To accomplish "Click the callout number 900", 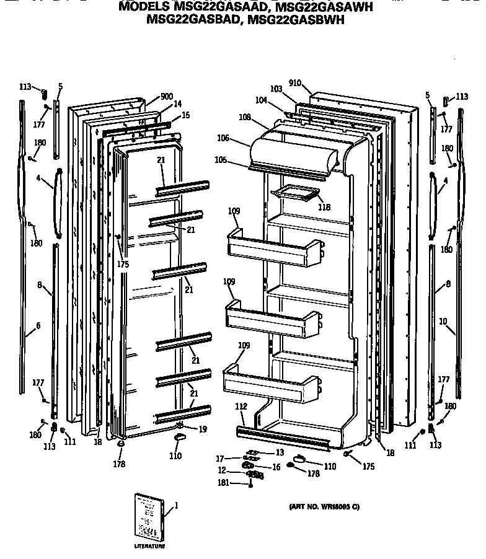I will (166, 96).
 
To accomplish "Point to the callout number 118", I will (324, 208).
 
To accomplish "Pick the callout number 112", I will (241, 407).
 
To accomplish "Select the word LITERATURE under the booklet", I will (149, 547).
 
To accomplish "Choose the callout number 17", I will (221, 459).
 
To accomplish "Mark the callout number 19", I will (203, 429).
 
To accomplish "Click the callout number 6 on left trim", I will (38, 325).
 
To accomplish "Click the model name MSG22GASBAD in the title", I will (193, 20).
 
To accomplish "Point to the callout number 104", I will (261, 100).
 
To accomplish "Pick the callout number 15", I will (186, 115).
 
